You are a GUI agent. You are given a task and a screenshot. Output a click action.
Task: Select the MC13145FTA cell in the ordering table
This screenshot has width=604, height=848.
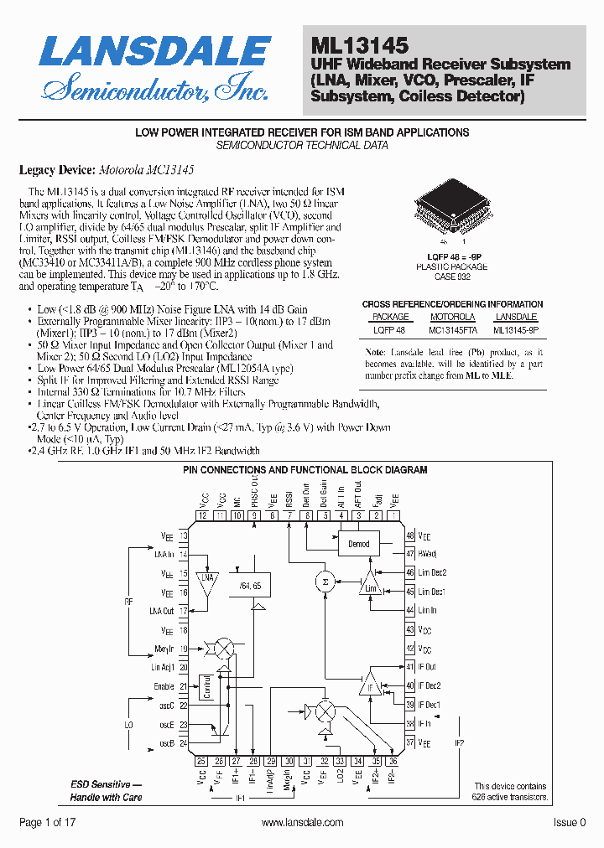451,329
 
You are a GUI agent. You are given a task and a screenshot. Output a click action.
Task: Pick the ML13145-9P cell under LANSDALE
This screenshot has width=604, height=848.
516,329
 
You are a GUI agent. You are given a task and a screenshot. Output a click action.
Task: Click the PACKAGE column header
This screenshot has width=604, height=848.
390,317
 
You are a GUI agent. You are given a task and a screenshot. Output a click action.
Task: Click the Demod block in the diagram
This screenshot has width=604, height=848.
358,543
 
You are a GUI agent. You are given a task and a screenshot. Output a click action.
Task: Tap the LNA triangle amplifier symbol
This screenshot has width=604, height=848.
206,578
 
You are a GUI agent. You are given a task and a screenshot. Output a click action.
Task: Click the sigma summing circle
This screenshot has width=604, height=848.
325,581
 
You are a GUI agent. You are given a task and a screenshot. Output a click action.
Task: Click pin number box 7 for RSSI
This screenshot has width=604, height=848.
290,516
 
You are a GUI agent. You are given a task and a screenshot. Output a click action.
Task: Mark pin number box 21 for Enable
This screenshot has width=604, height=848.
183,685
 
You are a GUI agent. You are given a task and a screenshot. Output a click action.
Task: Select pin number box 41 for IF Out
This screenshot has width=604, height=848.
409,666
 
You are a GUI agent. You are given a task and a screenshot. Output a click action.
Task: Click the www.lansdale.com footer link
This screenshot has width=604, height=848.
303,823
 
